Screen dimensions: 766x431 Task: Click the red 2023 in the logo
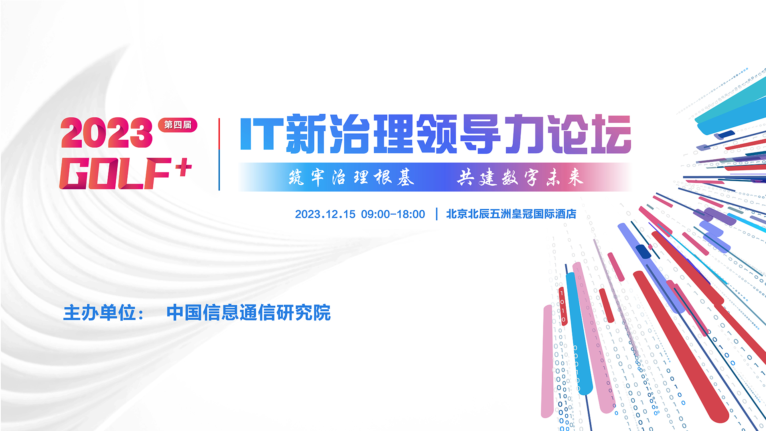click(107, 132)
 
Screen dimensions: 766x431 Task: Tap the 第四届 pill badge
click(178, 125)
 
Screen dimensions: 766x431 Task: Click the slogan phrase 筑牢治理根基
click(351, 177)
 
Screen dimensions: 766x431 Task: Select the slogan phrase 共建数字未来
click(520, 177)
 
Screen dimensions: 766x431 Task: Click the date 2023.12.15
click(325, 214)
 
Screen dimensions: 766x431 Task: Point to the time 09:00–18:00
click(393, 214)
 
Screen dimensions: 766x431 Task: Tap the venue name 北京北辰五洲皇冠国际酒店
click(511, 214)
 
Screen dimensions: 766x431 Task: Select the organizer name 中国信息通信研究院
click(249, 312)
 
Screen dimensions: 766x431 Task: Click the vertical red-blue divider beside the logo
click(219, 154)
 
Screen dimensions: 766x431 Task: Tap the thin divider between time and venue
click(437, 214)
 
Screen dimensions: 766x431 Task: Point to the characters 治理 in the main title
click(371, 134)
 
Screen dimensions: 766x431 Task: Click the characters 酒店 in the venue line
click(566, 214)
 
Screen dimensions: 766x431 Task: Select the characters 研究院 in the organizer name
click(304, 312)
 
